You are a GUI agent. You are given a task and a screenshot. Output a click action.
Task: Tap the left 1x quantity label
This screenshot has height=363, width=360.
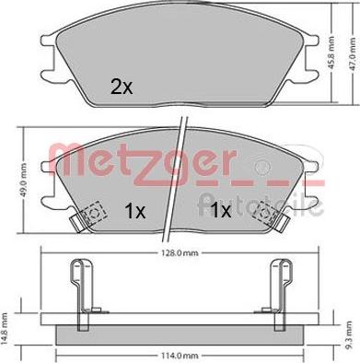[134, 210]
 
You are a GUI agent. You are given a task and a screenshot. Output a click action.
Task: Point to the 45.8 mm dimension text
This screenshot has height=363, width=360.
[333, 49]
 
